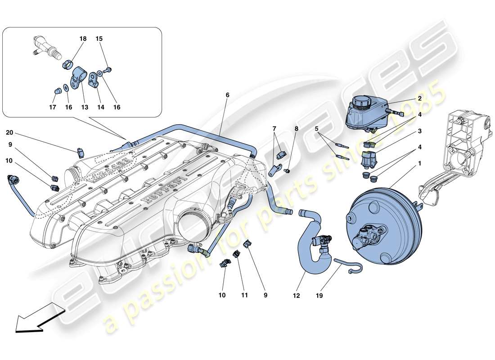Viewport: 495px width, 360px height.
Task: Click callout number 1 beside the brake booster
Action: point(419,164)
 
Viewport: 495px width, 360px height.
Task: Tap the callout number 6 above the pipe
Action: point(227,95)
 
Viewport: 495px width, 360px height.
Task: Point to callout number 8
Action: point(296,129)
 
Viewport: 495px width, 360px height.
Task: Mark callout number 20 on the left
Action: point(10,132)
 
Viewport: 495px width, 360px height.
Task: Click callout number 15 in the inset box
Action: point(99,39)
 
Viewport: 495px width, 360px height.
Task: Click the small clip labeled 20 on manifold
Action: point(81,152)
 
